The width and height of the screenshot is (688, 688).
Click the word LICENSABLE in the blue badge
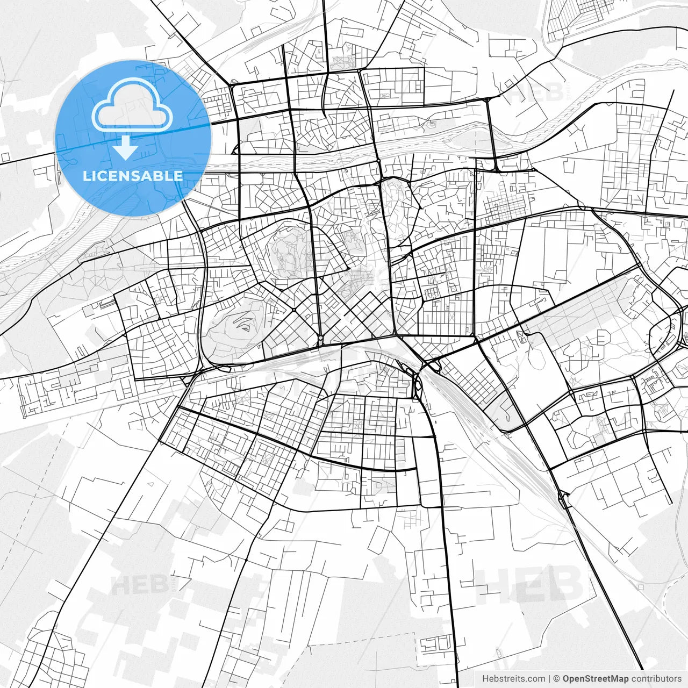pyautogui.click(x=133, y=176)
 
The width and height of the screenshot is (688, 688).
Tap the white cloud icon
pyautogui.click(x=132, y=105)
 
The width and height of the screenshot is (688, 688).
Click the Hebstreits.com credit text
pyautogui.click(x=513, y=679)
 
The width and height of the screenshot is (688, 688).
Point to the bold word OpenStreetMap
pyautogui.click(x=595, y=679)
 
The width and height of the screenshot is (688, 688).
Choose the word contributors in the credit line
pyautogui.click(x=656, y=679)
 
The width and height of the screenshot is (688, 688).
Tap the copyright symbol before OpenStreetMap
pyautogui.click(x=556, y=679)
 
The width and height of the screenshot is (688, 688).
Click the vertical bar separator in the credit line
pyautogui.click(x=549, y=679)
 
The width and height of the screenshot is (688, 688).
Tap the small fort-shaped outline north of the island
pyautogui.click(x=432, y=125)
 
